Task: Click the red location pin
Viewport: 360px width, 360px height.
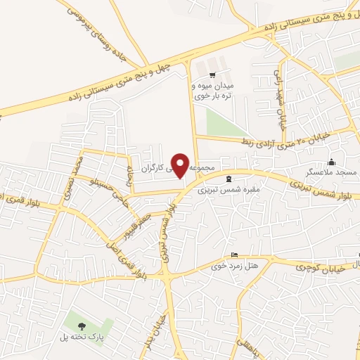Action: click(x=181, y=165)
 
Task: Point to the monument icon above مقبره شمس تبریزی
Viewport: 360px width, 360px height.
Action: click(x=230, y=179)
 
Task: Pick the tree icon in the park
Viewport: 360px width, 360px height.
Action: click(x=82, y=326)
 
